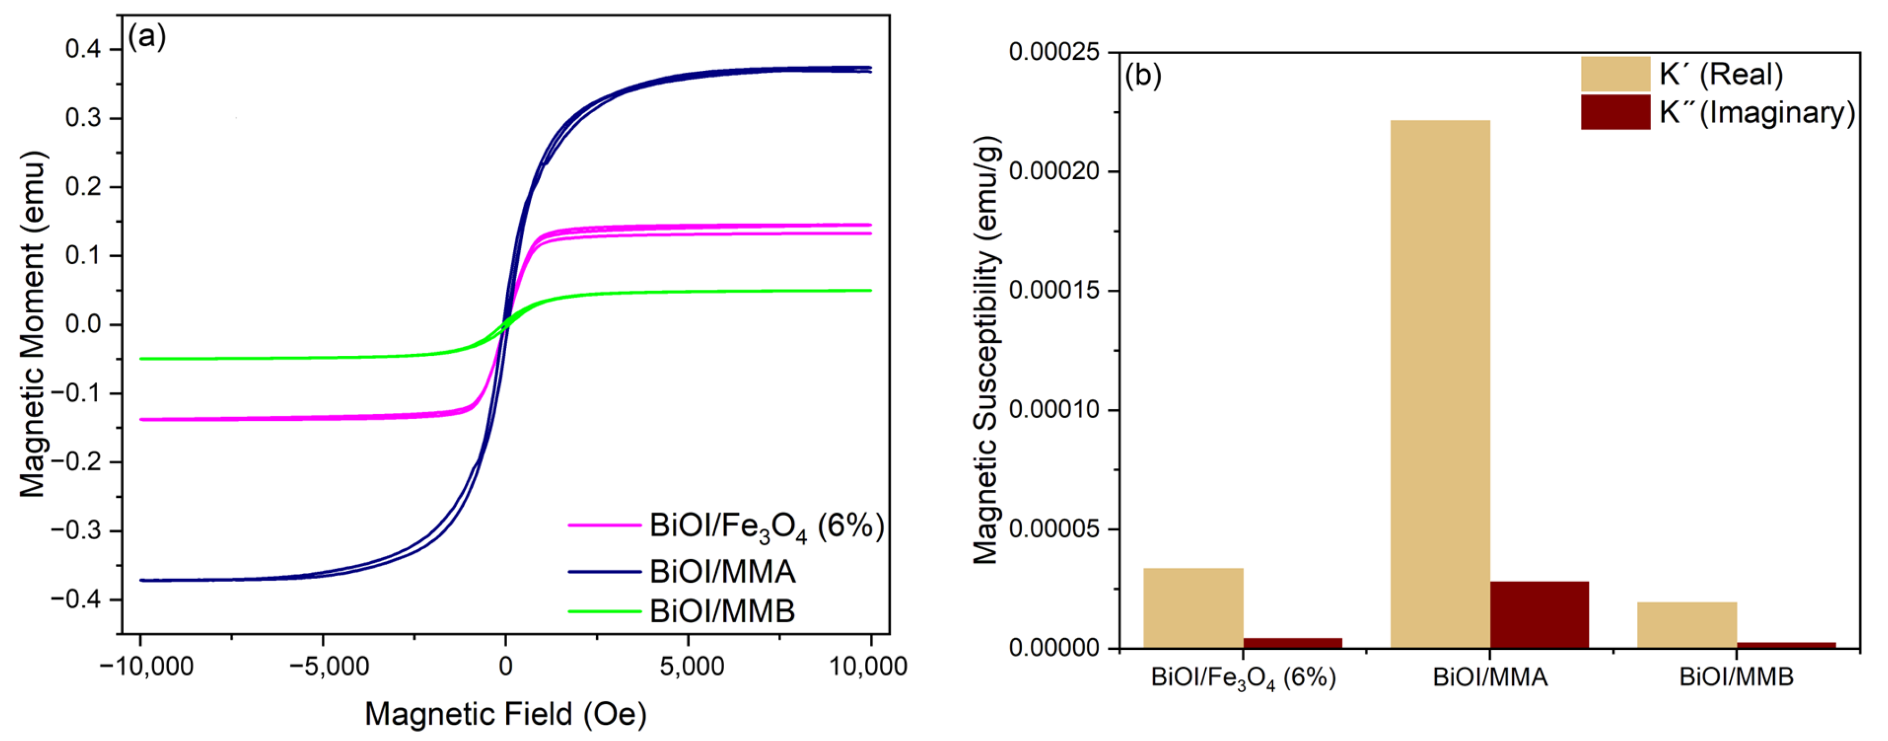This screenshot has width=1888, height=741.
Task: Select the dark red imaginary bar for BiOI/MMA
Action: coord(1539,614)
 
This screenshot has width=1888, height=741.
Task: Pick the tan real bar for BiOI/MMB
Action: coord(1686,625)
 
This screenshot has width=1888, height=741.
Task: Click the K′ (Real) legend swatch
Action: coord(1614,74)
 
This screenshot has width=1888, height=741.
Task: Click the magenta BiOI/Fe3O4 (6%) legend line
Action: coord(604,525)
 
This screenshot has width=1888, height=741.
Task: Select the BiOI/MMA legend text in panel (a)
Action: coord(722,571)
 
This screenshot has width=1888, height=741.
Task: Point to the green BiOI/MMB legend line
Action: coord(604,611)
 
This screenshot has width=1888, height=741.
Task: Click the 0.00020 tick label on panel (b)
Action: coord(1054,171)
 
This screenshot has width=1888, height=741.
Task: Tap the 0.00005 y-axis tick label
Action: coord(1054,528)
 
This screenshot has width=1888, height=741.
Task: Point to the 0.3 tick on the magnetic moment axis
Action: coord(83,118)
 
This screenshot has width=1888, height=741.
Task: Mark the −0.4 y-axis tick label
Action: coord(76,599)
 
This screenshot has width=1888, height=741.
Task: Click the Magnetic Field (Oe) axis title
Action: coord(506,714)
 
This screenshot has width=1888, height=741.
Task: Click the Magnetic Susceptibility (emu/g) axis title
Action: coord(986,350)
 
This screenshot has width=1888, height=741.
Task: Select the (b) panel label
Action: coord(1143,75)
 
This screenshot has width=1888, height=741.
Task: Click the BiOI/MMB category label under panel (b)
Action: coord(1736,677)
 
